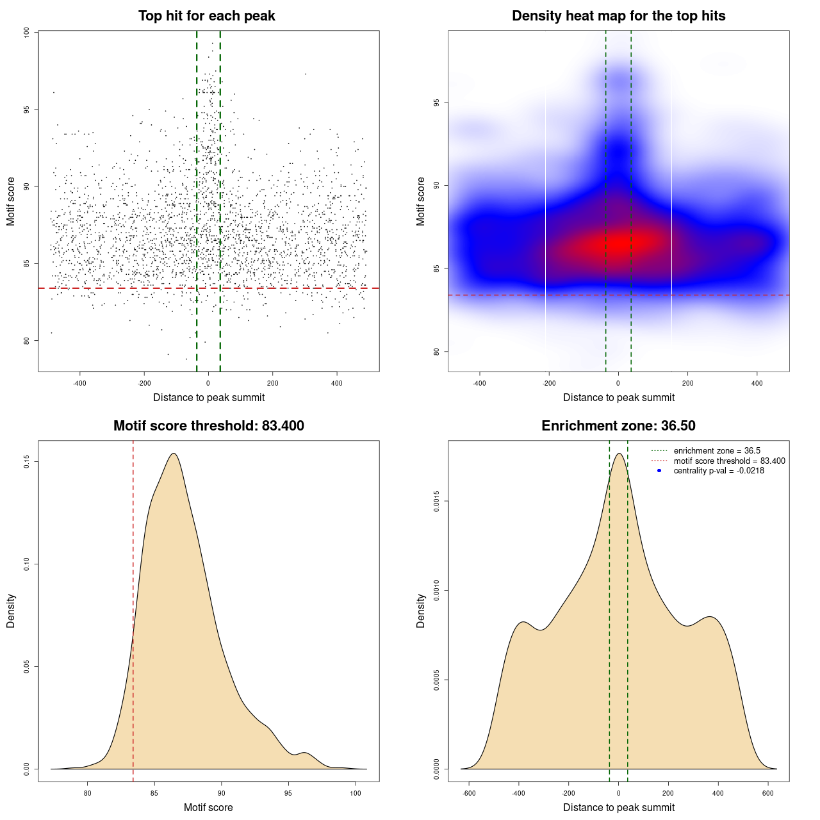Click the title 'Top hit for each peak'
(206, 16)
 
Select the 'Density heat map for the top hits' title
(618, 16)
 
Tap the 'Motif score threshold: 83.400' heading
(208, 426)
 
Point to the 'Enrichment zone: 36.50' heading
(618, 426)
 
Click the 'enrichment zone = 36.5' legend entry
(717, 451)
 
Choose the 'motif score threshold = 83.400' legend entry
(729, 461)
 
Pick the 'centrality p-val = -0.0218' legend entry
(719, 471)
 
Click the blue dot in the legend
(659, 471)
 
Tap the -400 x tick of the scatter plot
(79, 384)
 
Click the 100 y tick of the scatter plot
(26, 33)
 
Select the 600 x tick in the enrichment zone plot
(768, 793)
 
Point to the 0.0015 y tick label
(436, 501)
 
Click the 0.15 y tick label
(26, 462)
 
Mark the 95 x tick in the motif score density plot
(288, 793)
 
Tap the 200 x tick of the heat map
(687, 384)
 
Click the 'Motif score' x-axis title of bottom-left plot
(208, 807)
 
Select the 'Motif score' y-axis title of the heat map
(421, 201)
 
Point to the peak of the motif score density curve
(173, 454)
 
